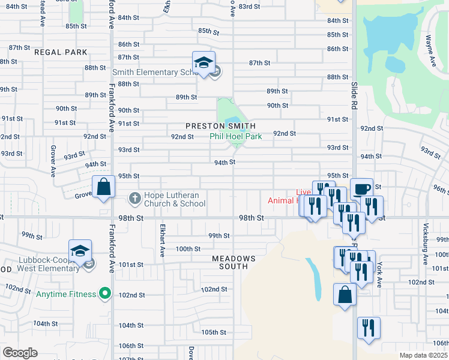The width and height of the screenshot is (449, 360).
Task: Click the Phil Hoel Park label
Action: [235, 137]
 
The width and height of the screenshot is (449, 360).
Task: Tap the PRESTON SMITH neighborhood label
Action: [220, 126]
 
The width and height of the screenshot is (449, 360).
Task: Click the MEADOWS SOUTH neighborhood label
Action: [234, 262]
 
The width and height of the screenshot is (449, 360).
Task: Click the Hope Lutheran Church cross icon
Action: [136, 197]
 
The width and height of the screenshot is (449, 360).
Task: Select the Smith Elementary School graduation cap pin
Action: [203, 64]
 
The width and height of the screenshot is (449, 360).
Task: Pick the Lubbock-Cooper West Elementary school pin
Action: [80, 252]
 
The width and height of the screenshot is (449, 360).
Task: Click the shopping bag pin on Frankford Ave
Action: [104, 187]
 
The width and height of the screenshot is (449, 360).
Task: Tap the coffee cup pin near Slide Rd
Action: [361, 189]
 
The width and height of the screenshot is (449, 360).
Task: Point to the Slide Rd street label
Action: [354, 92]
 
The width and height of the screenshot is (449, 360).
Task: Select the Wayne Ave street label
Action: [430, 50]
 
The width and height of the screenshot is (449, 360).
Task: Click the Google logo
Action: [20, 353]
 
